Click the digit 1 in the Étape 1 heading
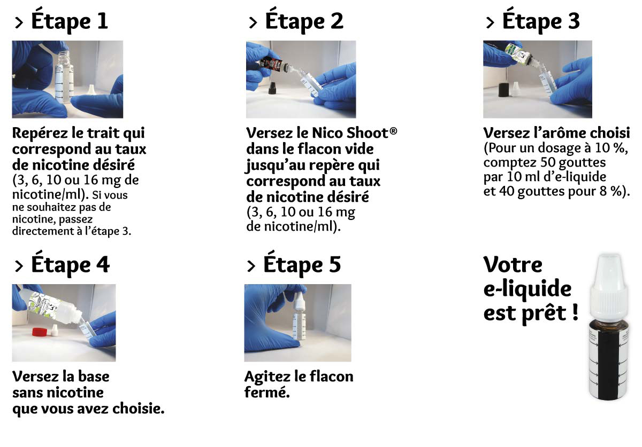(x=102, y=21)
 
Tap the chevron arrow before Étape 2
(x=253, y=22)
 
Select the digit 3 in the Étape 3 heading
(x=574, y=21)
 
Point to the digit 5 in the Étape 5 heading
(x=335, y=265)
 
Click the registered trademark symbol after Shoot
(x=394, y=131)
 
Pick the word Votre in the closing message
(x=513, y=265)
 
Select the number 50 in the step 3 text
(x=548, y=162)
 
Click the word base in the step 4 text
(x=94, y=377)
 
